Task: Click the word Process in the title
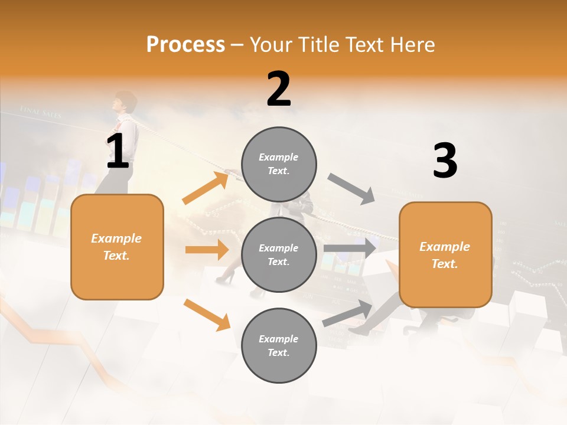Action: point(185,45)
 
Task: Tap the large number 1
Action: point(118,151)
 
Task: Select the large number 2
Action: point(279,89)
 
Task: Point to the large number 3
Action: point(445,161)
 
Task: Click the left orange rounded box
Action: point(117,247)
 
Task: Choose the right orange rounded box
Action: point(445,255)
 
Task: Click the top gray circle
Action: point(279,164)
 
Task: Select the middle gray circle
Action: point(279,254)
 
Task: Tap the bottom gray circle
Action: point(279,345)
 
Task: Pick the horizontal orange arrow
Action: point(207,250)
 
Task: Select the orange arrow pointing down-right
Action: point(207,315)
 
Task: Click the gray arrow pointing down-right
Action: point(351,188)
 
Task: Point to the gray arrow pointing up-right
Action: point(347,313)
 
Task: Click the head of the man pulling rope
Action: point(125,102)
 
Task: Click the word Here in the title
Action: point(412,45)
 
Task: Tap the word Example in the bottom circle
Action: point(279,339)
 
